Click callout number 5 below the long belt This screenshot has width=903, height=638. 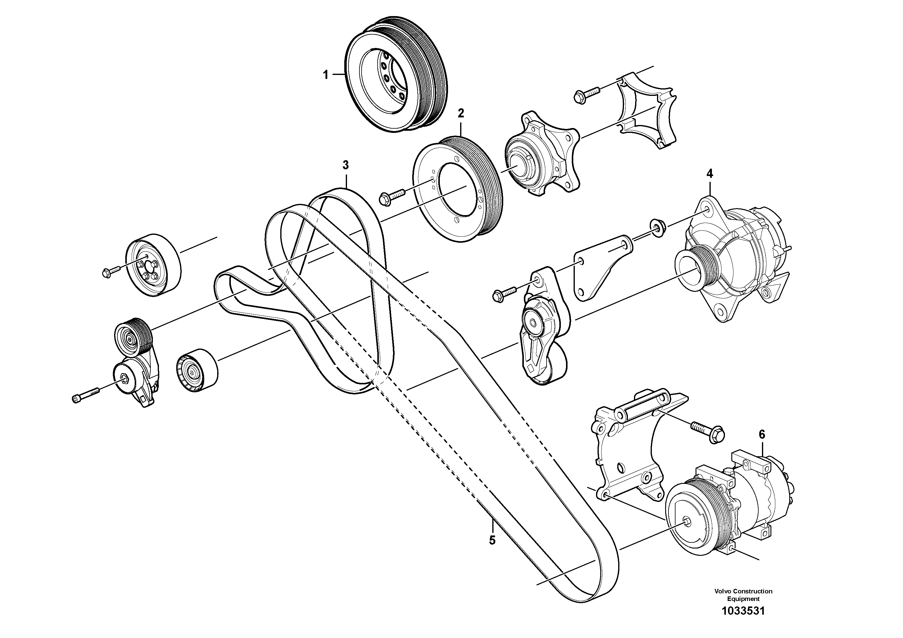click(x=492, y=540)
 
